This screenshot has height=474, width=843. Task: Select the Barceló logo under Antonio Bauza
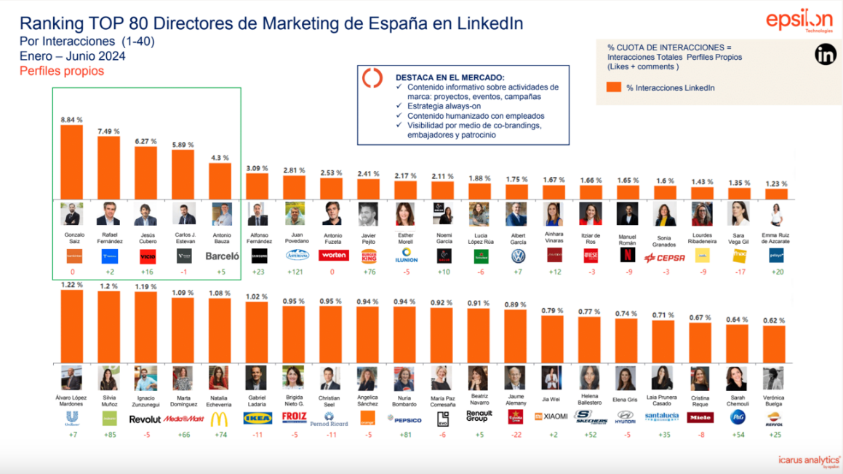pyautogui.click(x=222, y=256)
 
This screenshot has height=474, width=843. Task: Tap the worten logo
pyautogui.click(x=333, y=256)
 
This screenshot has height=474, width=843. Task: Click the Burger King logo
pyautogui.click(x=369, y=256)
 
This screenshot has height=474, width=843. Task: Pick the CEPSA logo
pyautogui.click(x=664, y=257)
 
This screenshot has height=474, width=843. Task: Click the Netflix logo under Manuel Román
pyautogui.click(x=627, y=256)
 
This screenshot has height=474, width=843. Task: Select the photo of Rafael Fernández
pyautogui.click(x=108, y=214)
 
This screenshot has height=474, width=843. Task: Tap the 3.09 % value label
pyautogui.click(x=257, y=169)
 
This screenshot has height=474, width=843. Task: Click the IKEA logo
pyautogui.click(x=257, y=418)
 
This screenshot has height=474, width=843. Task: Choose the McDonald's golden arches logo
pyautogui.click(x=219, y=419)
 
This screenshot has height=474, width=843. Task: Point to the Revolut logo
pyautogui.click(x=145, y=419)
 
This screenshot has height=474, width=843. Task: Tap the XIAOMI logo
pyautogui.click(x=551, y=416)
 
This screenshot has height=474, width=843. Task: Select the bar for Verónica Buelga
pyautogui.click(x=773, y=344)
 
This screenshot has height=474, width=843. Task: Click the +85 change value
pyautogui.click(x=109, y=435)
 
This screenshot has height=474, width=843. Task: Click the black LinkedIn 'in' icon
pyautogui.click(x=825, y=54)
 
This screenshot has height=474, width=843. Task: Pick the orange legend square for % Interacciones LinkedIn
pyautogui.click(x=613, y=87)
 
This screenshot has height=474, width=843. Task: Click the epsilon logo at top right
pyautogui.click(x=799, y=20)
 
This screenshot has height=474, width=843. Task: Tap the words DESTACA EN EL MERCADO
pyautogui.click(x=450, y=77)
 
